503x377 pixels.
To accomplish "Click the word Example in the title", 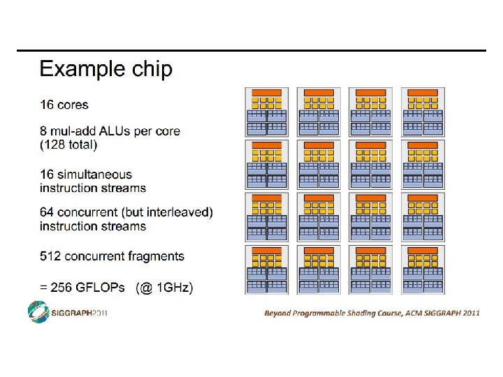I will [77, 70].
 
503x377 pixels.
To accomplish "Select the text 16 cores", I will [64, 105].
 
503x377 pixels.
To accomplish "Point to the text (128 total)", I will [68, 145].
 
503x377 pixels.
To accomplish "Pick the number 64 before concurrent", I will [48, 212].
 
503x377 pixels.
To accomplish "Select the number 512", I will [50, 256].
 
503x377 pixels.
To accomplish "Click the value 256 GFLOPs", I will [90, 287].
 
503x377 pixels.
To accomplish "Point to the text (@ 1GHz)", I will [165, 287].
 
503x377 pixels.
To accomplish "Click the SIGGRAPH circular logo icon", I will [38, 312].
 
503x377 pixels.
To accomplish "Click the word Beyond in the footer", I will [279, 313].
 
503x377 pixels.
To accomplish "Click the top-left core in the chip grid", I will [266, 112].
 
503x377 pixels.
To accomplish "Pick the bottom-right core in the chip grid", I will [423, 269].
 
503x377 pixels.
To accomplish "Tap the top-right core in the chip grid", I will [423, 112].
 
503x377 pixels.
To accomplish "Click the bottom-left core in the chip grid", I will [266, 269].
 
